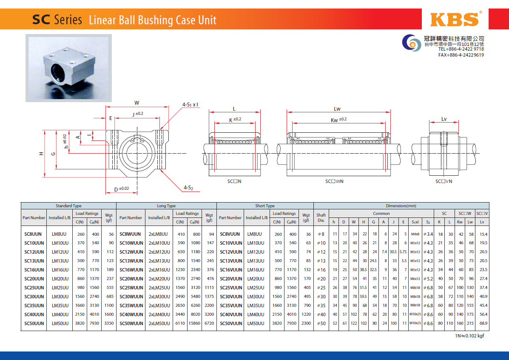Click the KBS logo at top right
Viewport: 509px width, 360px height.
pyautogui.click(x=455, y=19)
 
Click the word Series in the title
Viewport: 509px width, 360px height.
pyautogui.click(x=68, y=20)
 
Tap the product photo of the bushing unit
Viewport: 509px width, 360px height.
pyautogui.click(x=68, y=69)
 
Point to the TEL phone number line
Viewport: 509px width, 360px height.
pyautogui.click(x=461, y=49)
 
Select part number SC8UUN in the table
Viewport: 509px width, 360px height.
pyautogui.click(x=33, y=234)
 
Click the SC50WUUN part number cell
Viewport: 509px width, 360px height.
pyautogui.click(x=131, y=323)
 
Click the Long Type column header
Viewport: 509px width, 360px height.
pyautogui.click(x=166, y=206)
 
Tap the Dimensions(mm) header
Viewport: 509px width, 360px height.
pyautogui.click(x=401, y=206)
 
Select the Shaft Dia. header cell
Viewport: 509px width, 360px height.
pyautogui.click(x=321, y=218)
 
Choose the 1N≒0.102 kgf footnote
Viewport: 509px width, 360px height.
pyautogui.click(x=469, y=336)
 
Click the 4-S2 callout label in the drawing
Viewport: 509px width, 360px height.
pyautogui.click(x=188, y=188)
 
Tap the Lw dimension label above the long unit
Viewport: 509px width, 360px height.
pyautogui.click(x=337, y=109)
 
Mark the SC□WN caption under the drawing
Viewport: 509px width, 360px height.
pyautogui.click(x=334, y=182)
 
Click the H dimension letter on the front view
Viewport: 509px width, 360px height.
pyautogui.click(x=41, y=154)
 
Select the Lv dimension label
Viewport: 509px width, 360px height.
pyautogui.click(x=444, y=119)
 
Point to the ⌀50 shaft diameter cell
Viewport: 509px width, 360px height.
pyautogui.click(x=321, y=323)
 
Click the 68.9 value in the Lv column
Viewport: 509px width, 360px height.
pyautogui.click(x=483, y=323)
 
